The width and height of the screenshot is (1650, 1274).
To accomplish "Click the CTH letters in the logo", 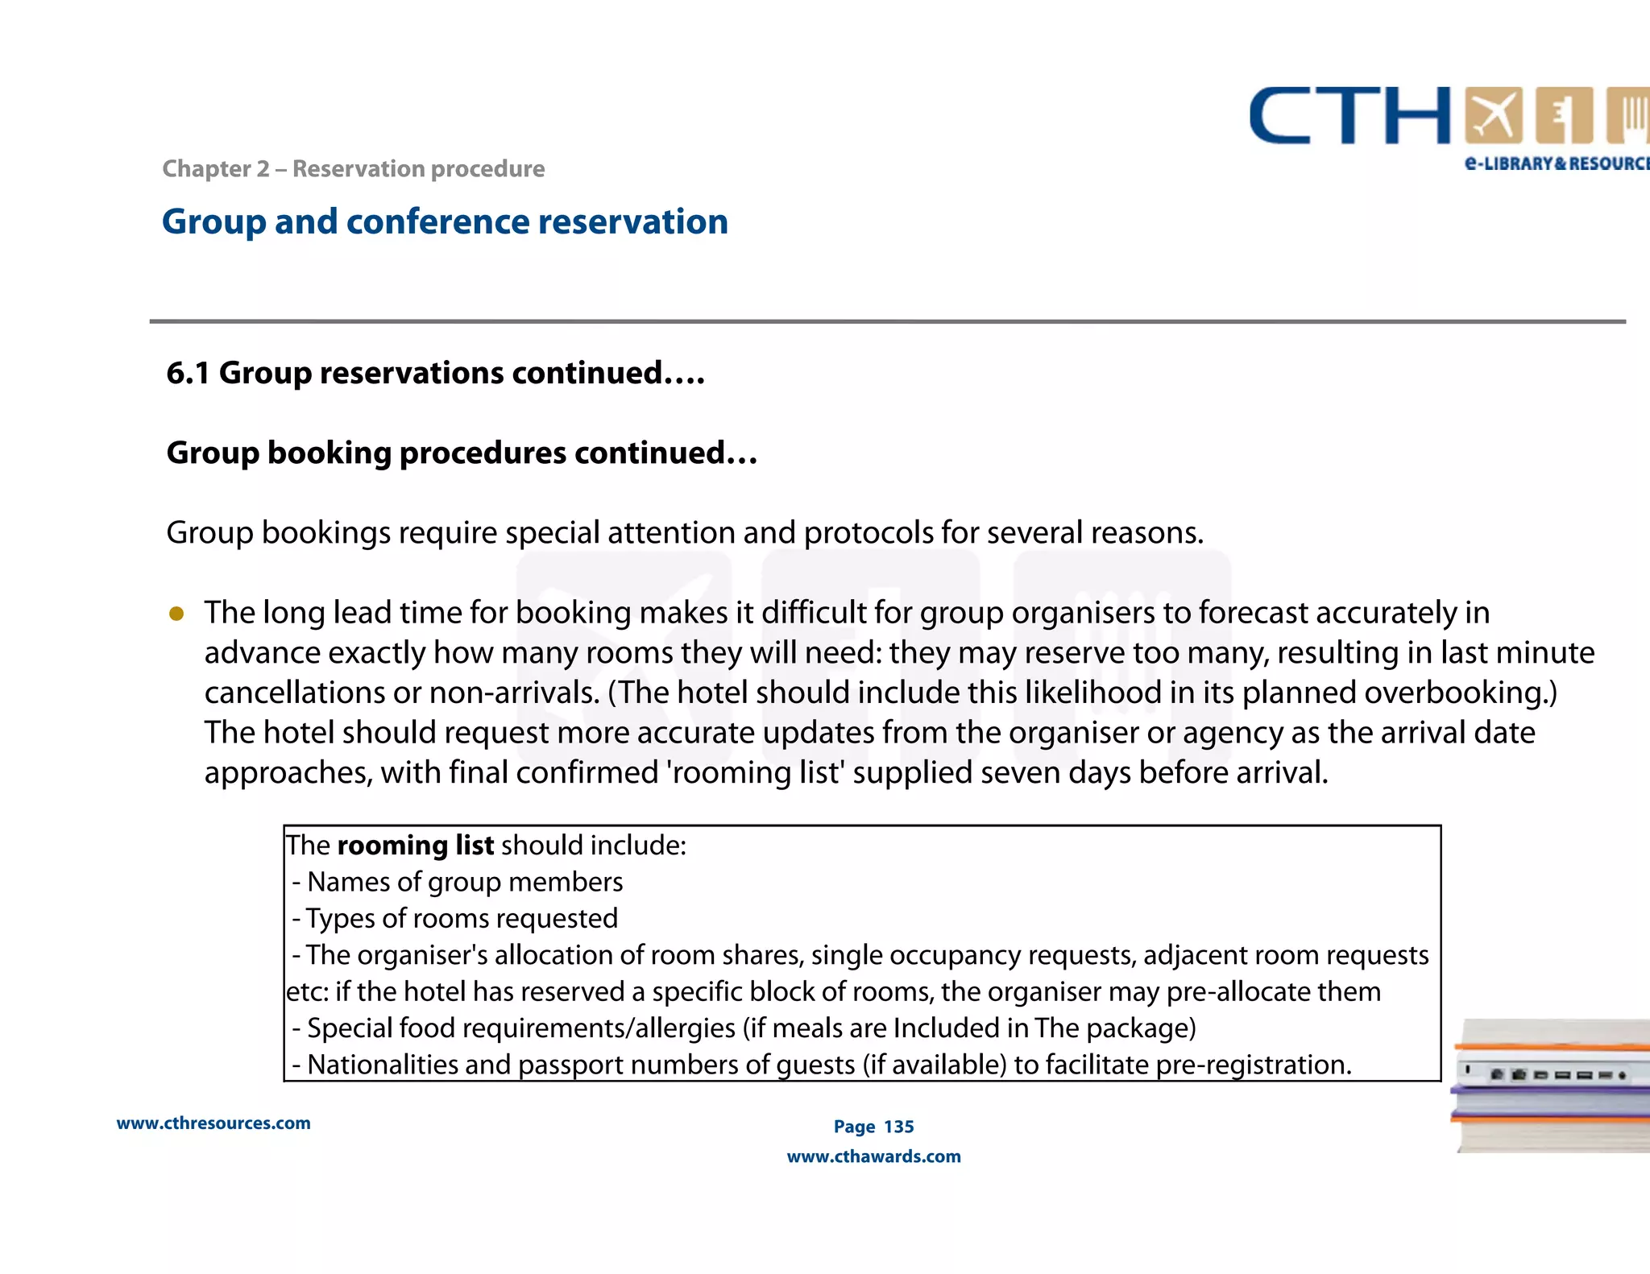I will click(1349, 117).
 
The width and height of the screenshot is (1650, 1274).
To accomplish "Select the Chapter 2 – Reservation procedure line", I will click(353, 169).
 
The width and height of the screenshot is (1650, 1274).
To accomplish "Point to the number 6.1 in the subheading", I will click(187, 374).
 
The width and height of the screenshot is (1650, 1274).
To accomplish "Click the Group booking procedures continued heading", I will click(461, 453).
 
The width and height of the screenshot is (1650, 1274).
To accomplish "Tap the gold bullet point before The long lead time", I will click(176, 614).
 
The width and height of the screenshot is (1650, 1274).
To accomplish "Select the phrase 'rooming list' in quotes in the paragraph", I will click(757, 773).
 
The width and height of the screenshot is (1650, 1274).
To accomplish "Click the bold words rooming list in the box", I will click(415, 846).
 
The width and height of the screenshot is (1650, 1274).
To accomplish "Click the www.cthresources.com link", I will click(214, 1123).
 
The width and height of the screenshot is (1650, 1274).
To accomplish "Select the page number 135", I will click(898, 1127).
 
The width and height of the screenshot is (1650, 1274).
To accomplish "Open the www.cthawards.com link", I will click(873, 1157).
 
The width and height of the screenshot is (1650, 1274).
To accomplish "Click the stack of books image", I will click(1551, 1086).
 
